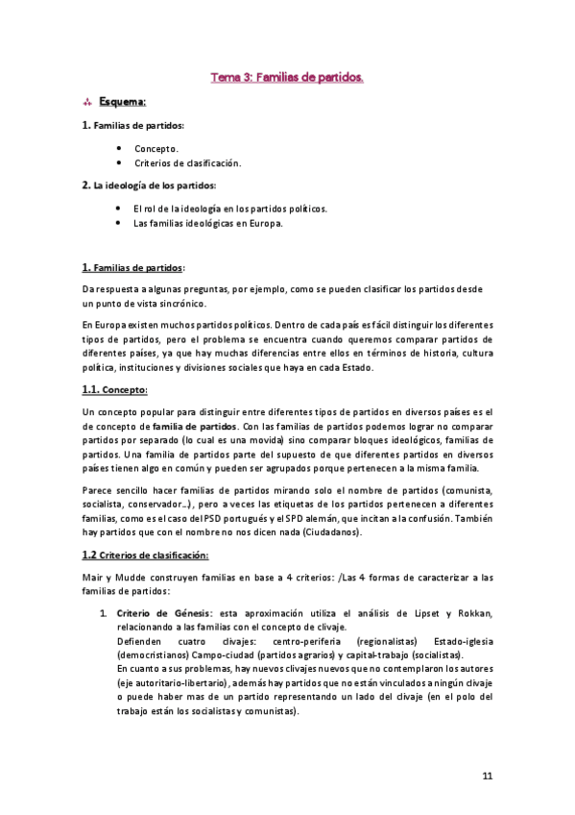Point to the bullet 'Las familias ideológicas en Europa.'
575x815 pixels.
coord(207,223)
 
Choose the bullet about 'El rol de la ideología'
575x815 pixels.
coord(229,208)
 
